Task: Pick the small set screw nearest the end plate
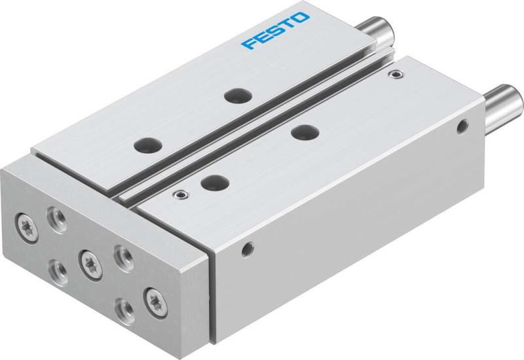[178, 194]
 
